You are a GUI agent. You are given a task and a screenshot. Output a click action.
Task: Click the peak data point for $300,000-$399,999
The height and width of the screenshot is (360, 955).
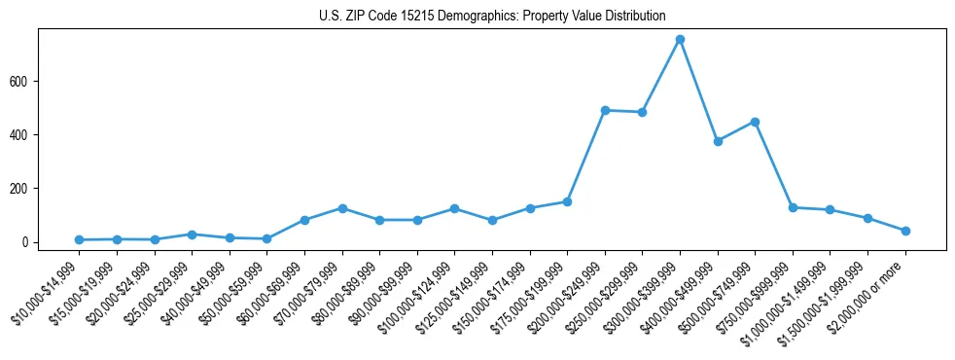(680, 40)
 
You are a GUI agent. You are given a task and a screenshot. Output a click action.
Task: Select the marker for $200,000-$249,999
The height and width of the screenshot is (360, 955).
(605, 110)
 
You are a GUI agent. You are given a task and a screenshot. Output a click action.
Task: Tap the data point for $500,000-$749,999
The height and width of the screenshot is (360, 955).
(755, 122)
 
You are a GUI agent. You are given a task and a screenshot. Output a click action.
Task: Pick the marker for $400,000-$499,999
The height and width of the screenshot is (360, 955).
(718, 141)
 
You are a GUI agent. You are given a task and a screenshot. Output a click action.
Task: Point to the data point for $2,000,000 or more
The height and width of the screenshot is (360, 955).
(905, 231)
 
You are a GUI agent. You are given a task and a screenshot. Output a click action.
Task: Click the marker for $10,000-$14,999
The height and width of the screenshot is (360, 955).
(79, 239)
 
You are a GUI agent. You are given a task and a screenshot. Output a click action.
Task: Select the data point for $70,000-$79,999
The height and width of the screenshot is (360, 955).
(342, 208)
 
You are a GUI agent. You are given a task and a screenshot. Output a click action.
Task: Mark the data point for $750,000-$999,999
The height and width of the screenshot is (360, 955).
(793, 207)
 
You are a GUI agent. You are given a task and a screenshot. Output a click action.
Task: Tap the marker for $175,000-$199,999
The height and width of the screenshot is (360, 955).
(567, 201)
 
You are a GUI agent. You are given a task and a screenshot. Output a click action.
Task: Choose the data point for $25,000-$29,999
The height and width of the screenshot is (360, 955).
(192, 234)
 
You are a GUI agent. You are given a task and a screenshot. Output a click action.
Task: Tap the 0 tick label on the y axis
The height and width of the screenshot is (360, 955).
(28, 242)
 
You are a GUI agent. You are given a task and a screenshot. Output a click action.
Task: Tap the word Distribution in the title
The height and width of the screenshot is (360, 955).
(634, 17)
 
